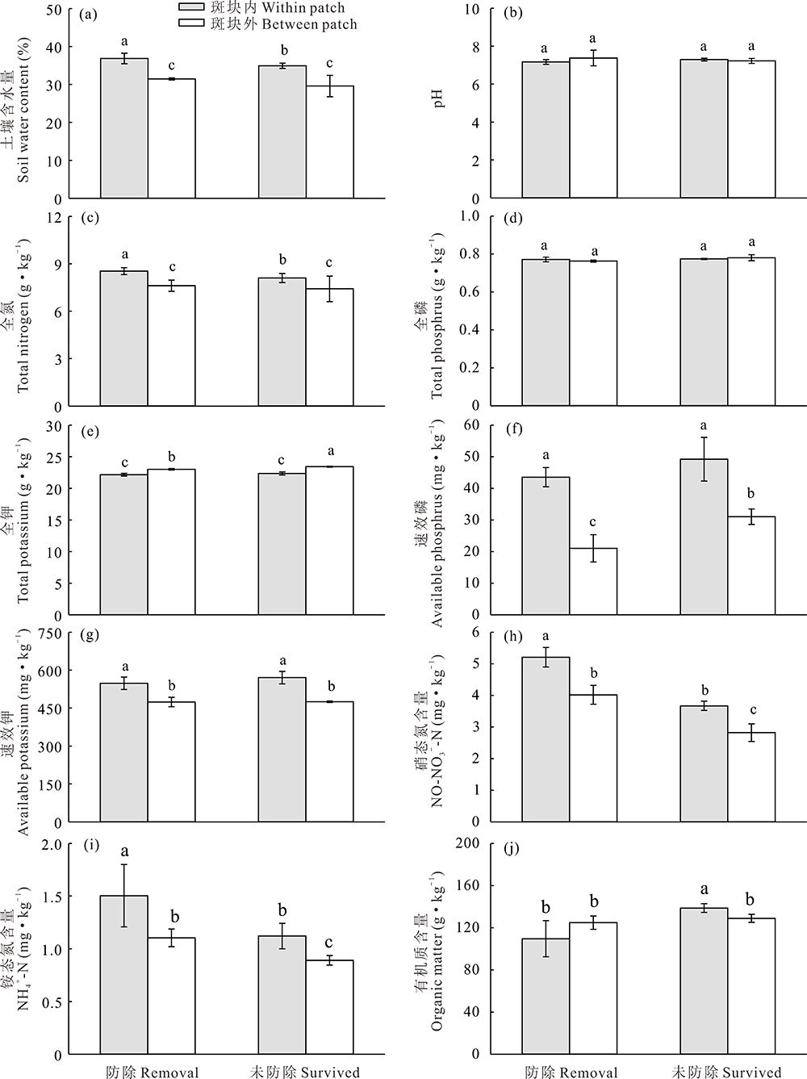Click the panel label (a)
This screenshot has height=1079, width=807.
point(91,13)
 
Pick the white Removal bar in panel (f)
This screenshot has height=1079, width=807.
point(593,581)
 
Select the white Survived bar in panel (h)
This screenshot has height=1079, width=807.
point(751,776)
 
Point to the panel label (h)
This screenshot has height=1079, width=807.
point(512,635)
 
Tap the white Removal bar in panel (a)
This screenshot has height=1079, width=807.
point(171,138)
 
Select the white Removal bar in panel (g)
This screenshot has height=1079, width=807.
point(171,762)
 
